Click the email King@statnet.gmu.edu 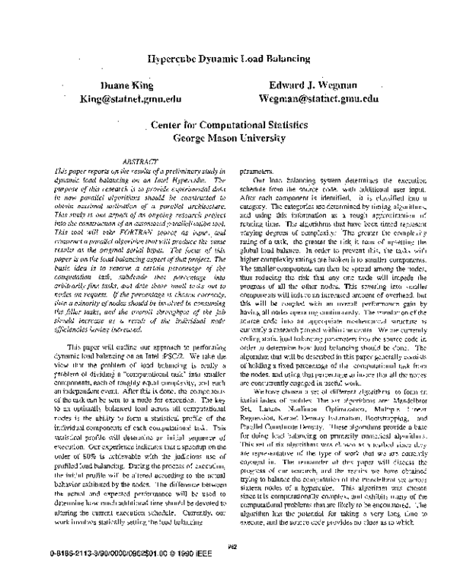pos(132,98)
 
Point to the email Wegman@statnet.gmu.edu pos(318,98)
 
